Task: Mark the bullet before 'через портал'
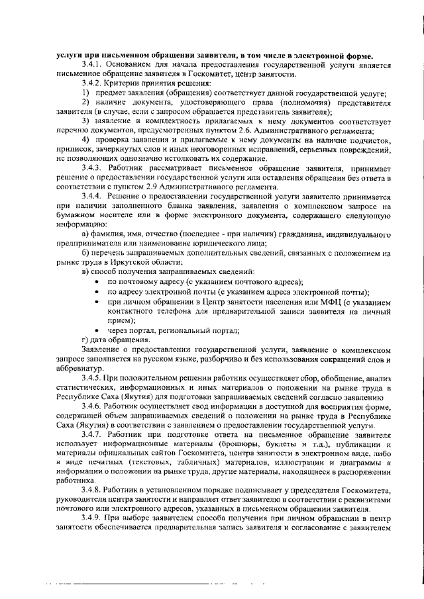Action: tap(98, 330)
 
